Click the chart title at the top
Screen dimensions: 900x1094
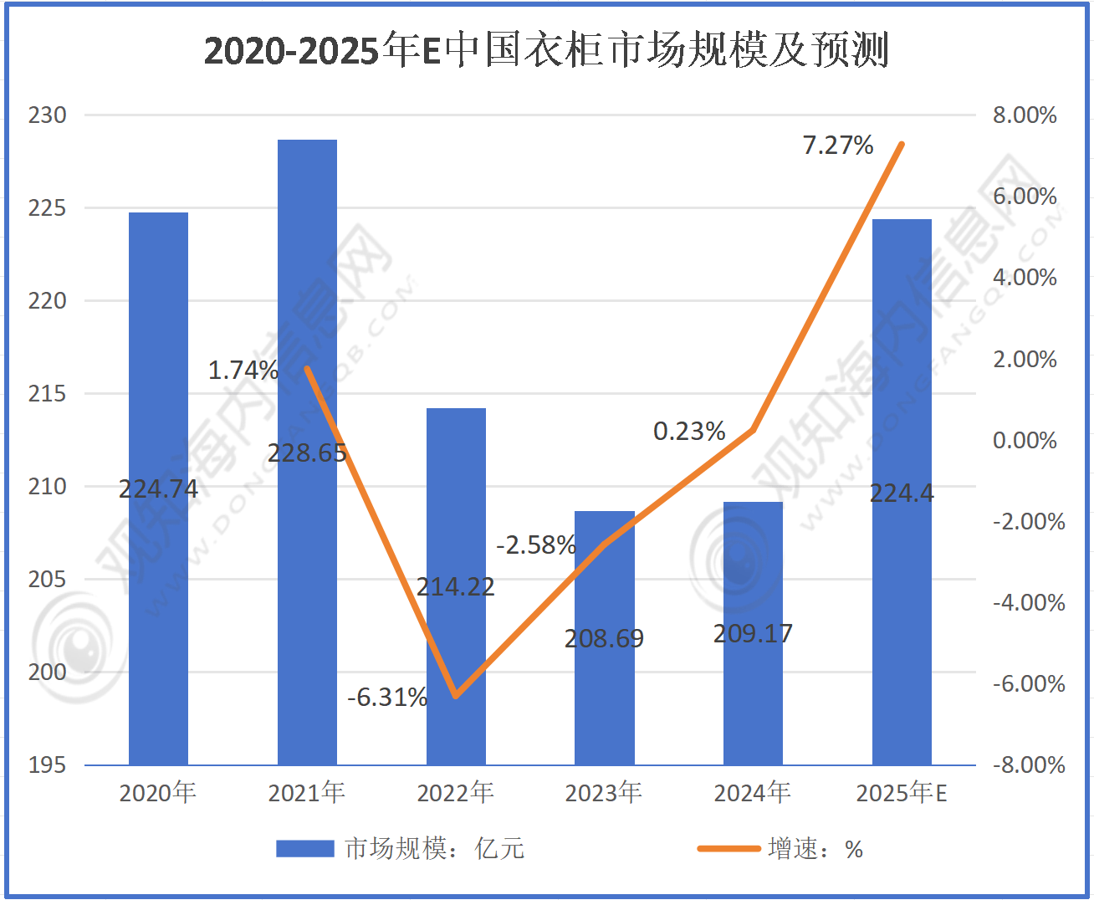[546, 50]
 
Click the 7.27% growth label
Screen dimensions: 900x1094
[838, 146]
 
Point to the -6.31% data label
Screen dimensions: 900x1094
[387, 697]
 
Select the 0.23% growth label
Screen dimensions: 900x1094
[689, 432]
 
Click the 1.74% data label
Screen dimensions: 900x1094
[243, 370]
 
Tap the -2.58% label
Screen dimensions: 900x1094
[536, 545]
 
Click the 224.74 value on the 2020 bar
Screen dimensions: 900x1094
[159, 488]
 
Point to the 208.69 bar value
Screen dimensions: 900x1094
[604, 639]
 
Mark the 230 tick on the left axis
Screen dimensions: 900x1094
[48, 115]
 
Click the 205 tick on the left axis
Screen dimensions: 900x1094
[48, 579]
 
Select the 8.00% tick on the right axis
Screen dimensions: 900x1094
[1025, 115]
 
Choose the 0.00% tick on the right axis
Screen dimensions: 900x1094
[1025, 440]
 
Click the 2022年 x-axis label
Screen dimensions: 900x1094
[456, 792]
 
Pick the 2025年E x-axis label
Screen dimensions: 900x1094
[902, 792]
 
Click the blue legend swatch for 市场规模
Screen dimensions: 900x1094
[304, 849]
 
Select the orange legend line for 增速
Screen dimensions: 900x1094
[728, 849]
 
